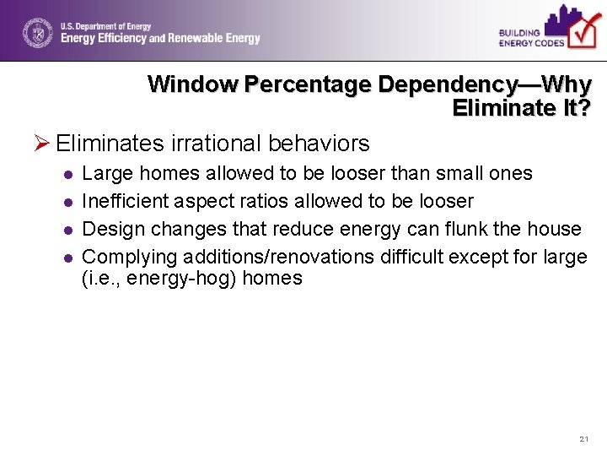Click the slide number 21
[x=584, y=439]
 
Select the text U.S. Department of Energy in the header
[x=105, y=27]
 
